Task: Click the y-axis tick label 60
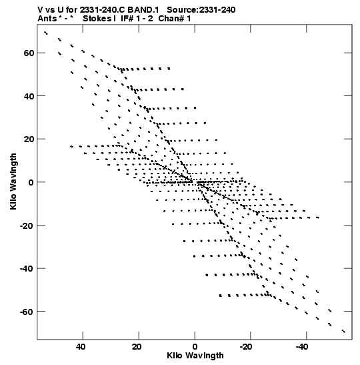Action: point(29,53)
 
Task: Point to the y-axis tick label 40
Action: point(29,96)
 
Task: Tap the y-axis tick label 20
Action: point(29,139)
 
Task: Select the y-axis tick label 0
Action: point(31,182)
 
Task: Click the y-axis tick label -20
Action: point(27,226)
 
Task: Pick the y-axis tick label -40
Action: point(27,268)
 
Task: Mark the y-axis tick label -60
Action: point(27,312)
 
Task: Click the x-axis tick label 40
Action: point(81,347)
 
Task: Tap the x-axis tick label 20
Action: point(137,347)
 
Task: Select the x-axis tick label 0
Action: point(195,347)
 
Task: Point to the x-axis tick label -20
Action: point(246,347)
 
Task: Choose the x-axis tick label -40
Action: point(302,347)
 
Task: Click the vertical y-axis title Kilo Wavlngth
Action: point(13,181)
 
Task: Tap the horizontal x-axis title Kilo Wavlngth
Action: point(195,356)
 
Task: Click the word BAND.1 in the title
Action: point(143,10)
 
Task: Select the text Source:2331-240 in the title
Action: point(201,10)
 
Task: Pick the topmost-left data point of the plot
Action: point(46,33)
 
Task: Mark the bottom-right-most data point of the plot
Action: point(344,331)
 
